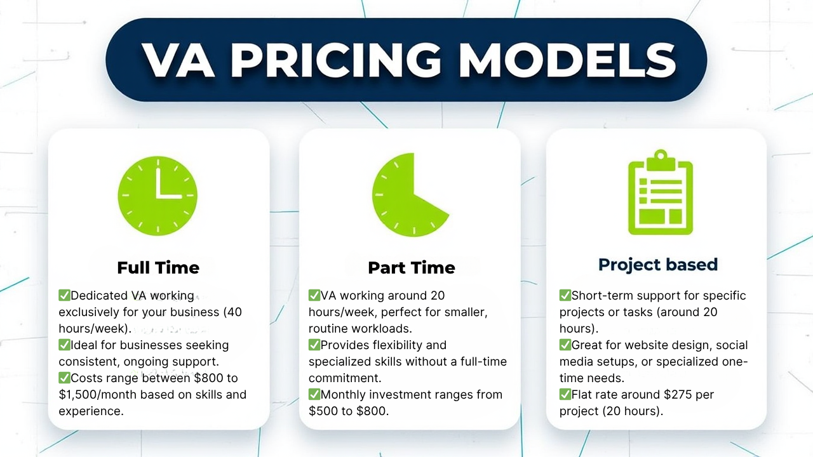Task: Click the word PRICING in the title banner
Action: [x=336, y=60]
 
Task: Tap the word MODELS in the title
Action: [x=567, y=60]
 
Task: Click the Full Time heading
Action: [x=158, y=268]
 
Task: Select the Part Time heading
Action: [x=412, y=268]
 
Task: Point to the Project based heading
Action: [x=658, y=265]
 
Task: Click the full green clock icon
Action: [x=158, y=196]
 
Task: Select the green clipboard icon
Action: [x=661, y=192]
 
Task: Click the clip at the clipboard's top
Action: [x=661, y=159]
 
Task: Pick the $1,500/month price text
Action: [x=97, y=394]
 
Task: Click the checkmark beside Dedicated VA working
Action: [x=64, y=295]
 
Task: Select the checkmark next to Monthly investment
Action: [x=314, y=394]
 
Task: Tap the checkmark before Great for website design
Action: [x=565, y=344]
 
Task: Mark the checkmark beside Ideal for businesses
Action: [x=64, y=344]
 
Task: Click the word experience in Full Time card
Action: [x=91, y=411]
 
